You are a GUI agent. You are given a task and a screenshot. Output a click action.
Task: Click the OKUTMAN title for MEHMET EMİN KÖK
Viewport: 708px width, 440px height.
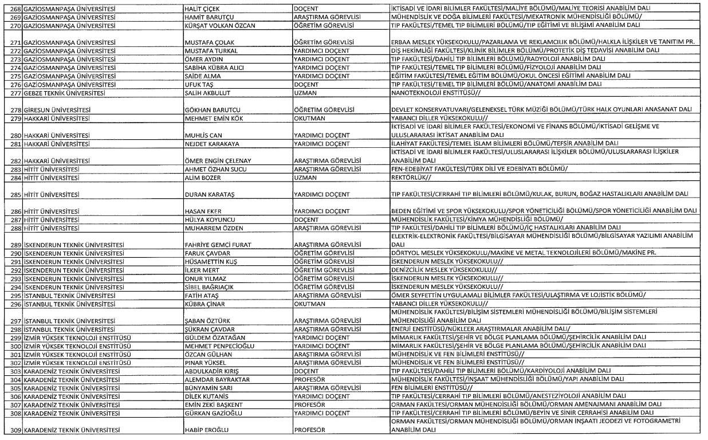(309, 118)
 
